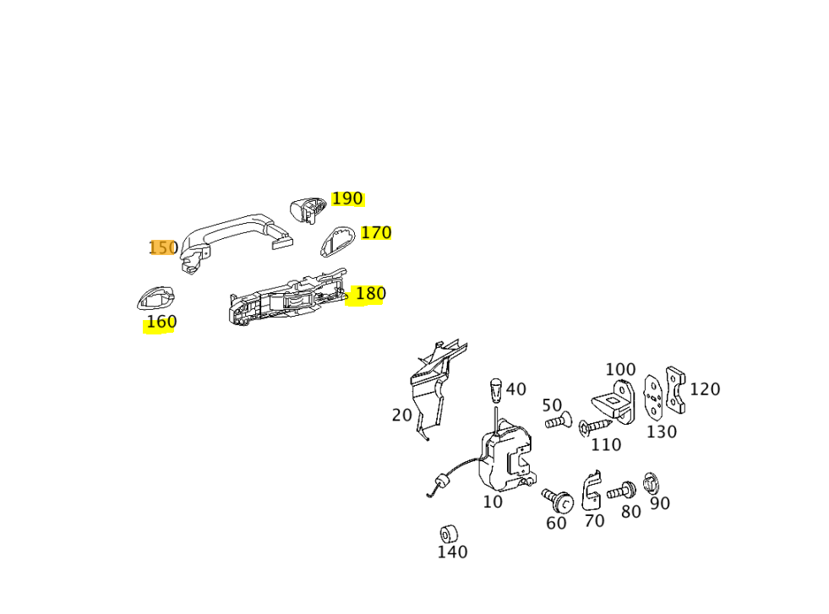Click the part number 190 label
[x=347, y=198]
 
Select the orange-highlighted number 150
[x=163, y=247]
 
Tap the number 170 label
[x=376, y=232]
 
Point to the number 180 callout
[x=371, y=293]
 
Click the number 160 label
[x=161, y=322]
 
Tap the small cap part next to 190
[x=308, y=209]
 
